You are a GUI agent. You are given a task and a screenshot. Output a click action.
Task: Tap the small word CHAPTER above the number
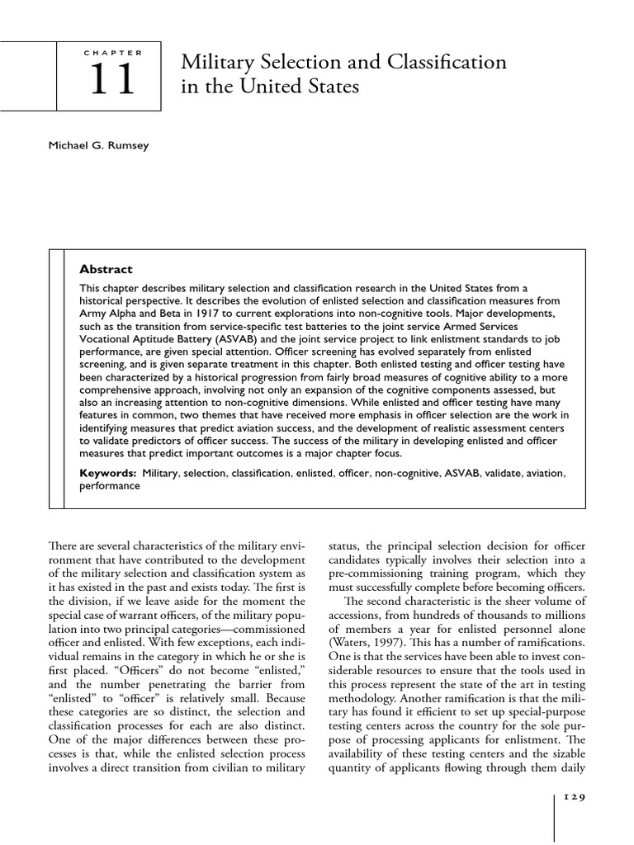pos(113,52)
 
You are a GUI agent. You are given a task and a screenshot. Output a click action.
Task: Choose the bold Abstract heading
pos(105,269)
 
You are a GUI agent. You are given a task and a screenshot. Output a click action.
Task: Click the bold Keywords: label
pos(107,473)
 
